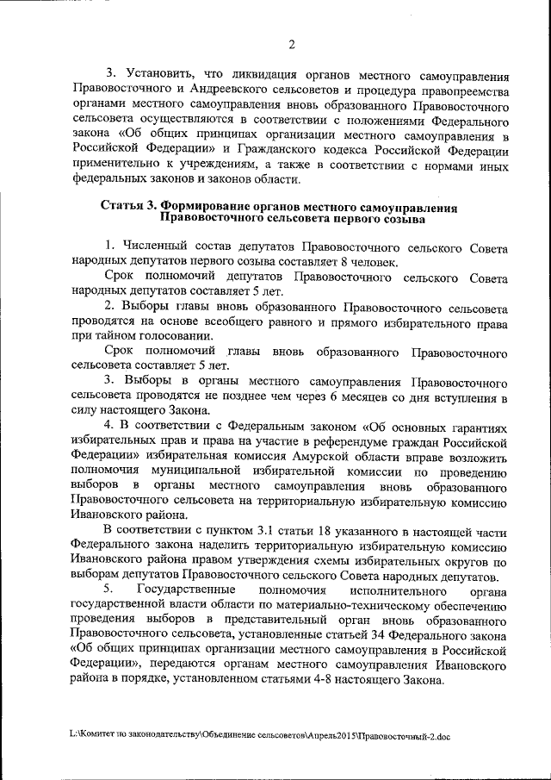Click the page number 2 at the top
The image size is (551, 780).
click(292, 45)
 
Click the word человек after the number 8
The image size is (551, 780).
click(374, 262)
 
